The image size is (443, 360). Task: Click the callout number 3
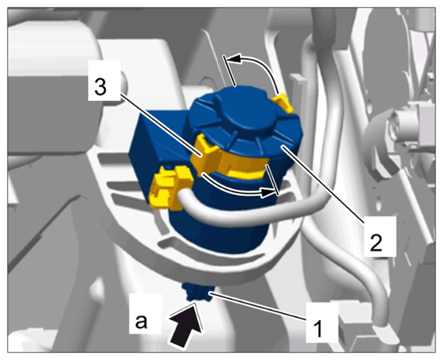point(100,84)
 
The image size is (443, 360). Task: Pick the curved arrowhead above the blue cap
point(233,58)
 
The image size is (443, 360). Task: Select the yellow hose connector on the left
point(170,187)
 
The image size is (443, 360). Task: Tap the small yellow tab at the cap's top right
point(284,102)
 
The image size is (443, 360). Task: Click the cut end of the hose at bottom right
point(385,334)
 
